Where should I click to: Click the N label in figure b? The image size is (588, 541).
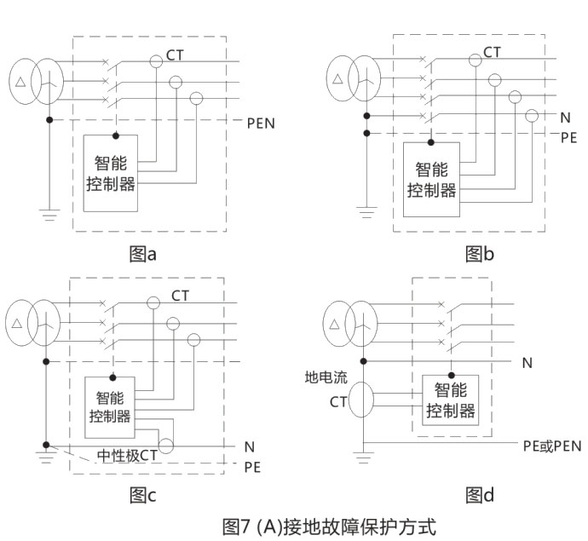[564, 117]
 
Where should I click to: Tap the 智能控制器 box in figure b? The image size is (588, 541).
[431, 181]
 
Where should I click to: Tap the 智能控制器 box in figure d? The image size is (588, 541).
[451, 401]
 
